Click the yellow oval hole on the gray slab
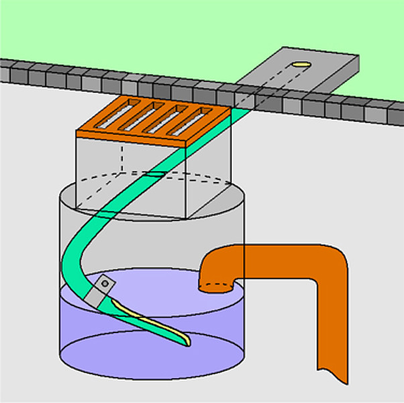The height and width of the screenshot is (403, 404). [302, 65]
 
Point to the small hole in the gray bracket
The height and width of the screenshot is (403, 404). [104, 284]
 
